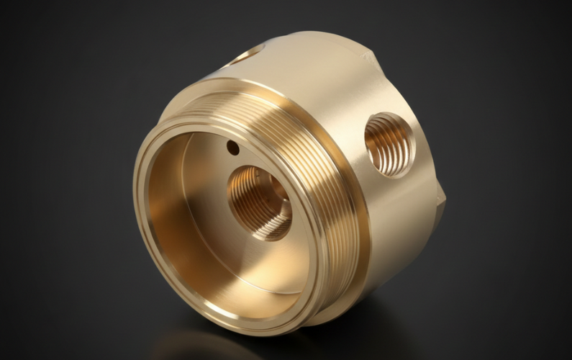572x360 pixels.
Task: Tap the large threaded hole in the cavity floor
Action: pos(259,202)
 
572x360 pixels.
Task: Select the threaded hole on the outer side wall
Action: pos(389,145)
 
